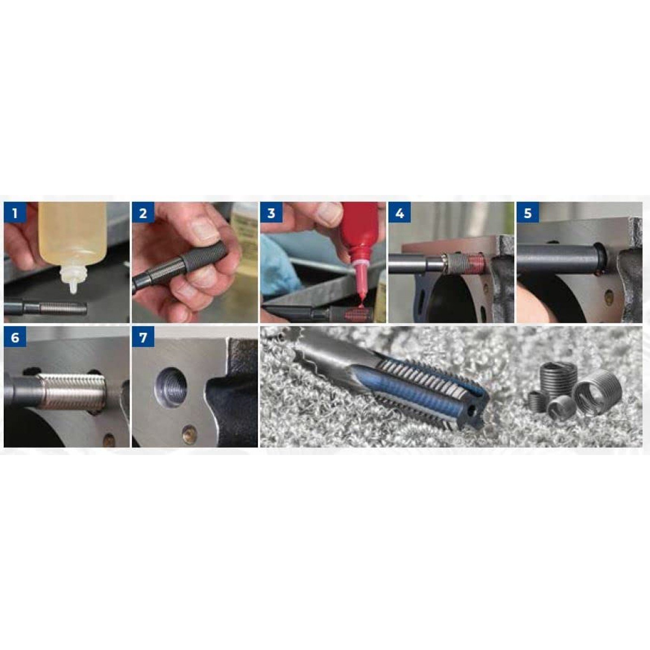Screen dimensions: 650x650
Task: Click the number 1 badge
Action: point(15,213)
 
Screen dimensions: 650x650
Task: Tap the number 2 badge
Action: point(143,213)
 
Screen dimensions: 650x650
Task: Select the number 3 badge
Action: point(271,213)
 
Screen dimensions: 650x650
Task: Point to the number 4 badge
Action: point(400,213)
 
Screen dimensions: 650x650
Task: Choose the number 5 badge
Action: point(528,213)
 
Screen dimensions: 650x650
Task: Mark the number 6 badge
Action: point(15,337)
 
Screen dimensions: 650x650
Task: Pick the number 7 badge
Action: point(143,337)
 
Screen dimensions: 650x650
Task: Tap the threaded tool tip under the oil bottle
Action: point(63,308)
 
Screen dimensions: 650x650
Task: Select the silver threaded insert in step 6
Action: point(71,392)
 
